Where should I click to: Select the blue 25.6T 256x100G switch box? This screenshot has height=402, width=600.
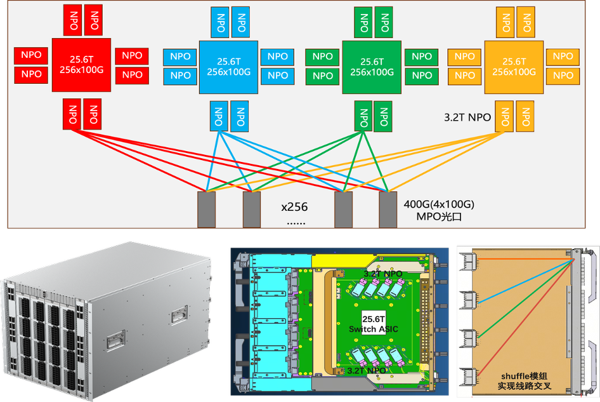click(228, 67)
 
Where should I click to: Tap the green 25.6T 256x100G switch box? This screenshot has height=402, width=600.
click(371, 67)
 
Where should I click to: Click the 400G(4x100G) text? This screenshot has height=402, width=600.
click(439, 205)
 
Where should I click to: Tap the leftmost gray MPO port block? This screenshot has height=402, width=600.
click(206, 209)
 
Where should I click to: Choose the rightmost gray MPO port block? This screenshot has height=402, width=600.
click(388, 209)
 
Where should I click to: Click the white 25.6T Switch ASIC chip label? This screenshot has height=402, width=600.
click(372, 323)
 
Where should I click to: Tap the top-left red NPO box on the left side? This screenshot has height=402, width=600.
click(31, 55)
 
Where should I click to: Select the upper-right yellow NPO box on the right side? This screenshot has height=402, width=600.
click(563, 56)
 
